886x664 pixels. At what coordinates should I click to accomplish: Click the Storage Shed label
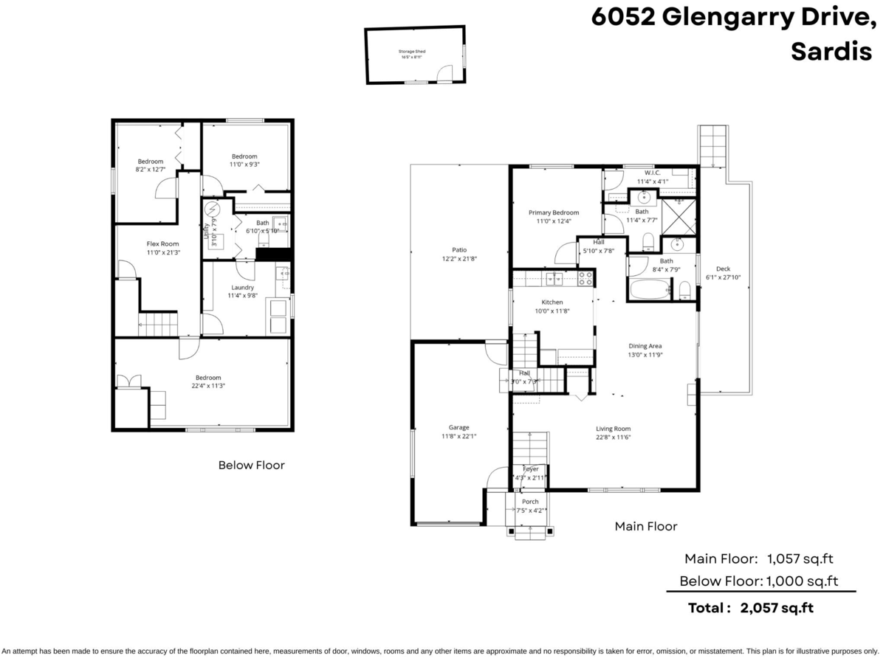(x=413, y=52)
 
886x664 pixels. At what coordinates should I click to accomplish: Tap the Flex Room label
(x=163, y=243)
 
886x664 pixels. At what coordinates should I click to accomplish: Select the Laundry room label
(x=242, y=288)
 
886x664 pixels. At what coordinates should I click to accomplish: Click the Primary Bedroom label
(x=554, y=212)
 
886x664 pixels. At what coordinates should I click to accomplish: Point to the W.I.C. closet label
(x=652, y=173)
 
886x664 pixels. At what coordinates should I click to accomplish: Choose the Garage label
(x=459, y=427)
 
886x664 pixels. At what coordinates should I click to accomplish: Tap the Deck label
(x=724, y=269)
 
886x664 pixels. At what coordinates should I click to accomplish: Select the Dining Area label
(x=645, y=346)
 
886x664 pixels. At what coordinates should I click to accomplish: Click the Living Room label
(x=613, y=429)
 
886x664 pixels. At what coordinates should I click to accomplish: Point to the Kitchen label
(x=552, y=302)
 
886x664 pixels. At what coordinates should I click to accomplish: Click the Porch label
(x=530, y=502)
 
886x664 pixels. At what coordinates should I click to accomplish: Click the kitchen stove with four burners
(x=585, y=277)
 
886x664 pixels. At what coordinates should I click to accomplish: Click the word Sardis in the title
(x=831, y=52)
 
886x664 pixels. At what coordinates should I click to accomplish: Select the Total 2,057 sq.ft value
(x=781, y=608)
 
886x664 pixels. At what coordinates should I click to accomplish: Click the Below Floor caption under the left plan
(x=251, y=465)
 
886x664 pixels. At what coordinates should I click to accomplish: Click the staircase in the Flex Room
(x=157, y=323)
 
